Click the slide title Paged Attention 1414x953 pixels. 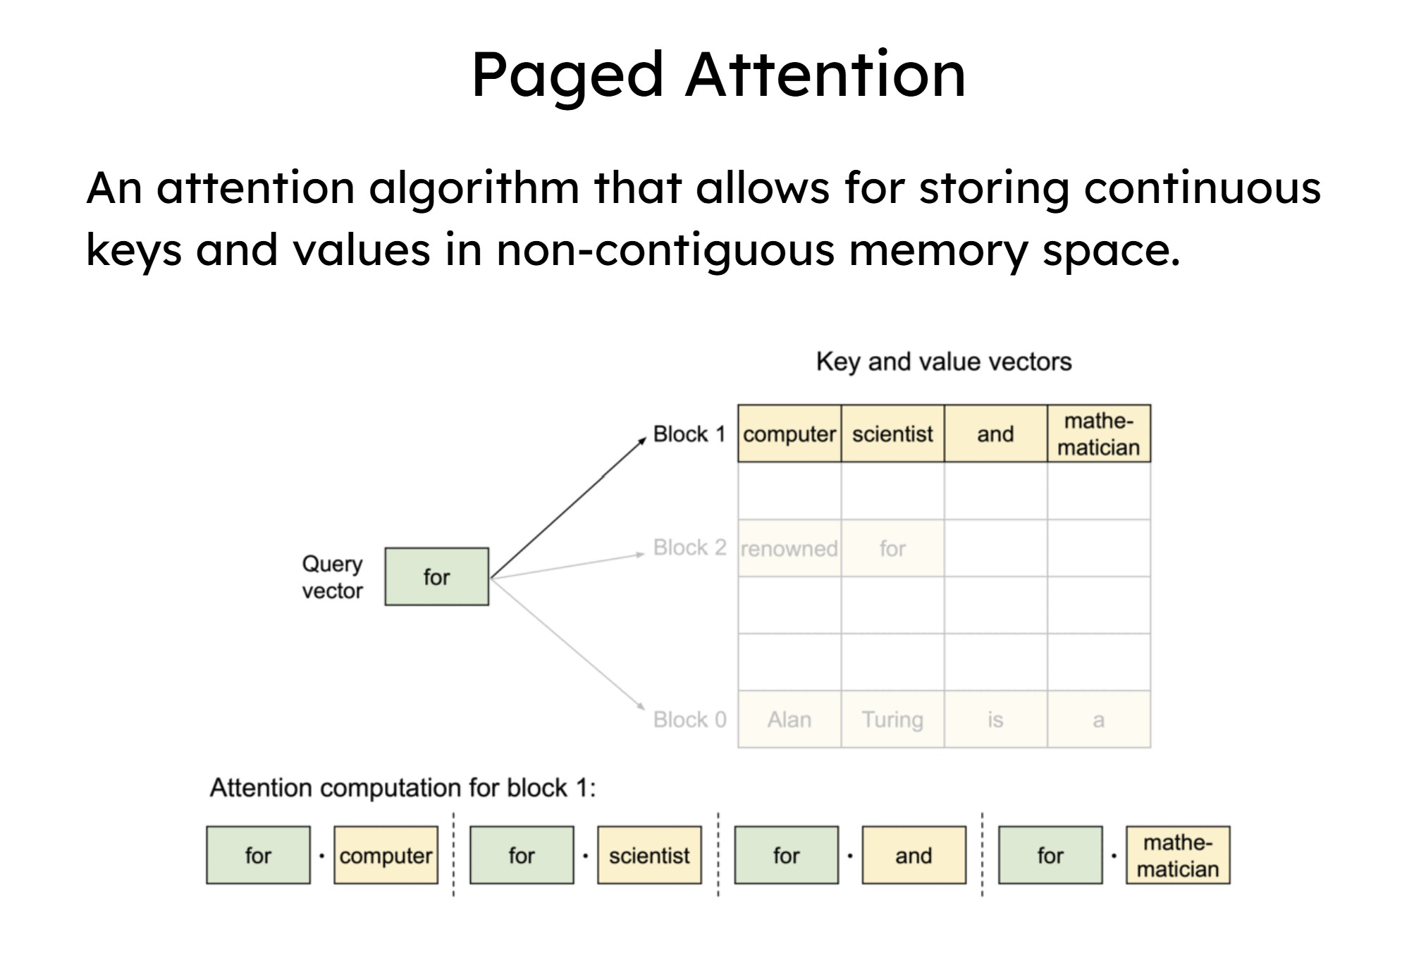coord(718,75)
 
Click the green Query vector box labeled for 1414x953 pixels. coord(436,577)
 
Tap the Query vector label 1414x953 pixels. coord(332,577)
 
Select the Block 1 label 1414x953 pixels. coord(689,434)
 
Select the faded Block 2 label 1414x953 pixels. coord(689,548)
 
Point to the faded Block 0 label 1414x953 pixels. coord(689,720)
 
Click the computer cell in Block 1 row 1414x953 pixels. coord(789,434)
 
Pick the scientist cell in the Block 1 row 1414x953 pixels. coord(892,434)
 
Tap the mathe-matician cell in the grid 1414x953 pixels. coord(1098,434)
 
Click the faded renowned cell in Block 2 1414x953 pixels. coord(789,548)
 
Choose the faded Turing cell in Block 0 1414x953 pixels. coord(892,720)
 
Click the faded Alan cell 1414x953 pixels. coord(789,720)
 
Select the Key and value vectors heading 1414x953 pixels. coord(943,362)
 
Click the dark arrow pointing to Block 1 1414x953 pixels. coord(567,508)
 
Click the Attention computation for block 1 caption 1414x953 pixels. coord(402,787)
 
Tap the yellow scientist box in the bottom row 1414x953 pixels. coord(649,855)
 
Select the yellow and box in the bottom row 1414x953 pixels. coord(914,855)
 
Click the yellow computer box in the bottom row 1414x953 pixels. coord(386,855)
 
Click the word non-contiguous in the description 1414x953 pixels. coord(665,250)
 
